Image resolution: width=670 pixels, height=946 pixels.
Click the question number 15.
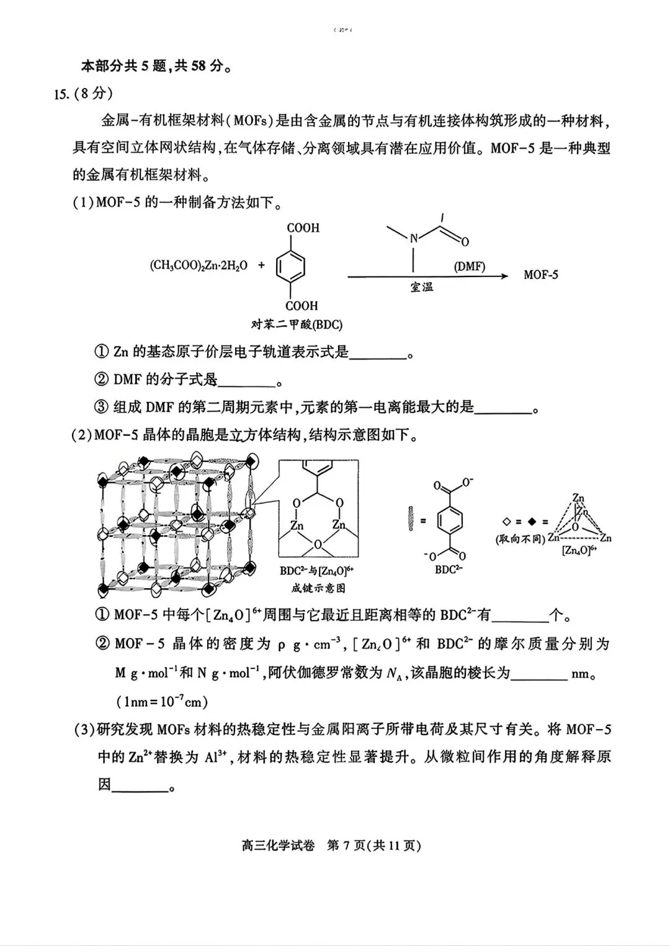[61, 94]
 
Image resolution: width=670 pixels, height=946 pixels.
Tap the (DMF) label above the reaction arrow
[469, 267]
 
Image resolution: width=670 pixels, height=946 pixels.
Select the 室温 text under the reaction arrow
[422, 287]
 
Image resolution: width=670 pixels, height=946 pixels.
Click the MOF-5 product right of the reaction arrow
[540, 275]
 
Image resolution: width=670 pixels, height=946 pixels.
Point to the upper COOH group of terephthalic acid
[303, 228]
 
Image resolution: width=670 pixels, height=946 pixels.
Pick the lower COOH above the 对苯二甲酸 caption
[302, 306]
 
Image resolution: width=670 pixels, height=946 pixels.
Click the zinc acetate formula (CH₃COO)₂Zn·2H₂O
[199, 266]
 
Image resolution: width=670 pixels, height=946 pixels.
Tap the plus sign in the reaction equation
[261, 265]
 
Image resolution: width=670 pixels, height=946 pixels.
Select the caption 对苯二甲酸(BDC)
[297, 324]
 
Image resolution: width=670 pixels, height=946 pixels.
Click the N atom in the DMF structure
[414, 237]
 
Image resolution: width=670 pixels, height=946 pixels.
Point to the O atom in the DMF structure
[465, 242]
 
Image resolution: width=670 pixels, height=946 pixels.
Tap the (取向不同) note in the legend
[520, 539]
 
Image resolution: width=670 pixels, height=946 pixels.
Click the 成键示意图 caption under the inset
[318, 588]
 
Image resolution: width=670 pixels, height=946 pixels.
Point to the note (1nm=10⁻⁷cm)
[162, 701]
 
